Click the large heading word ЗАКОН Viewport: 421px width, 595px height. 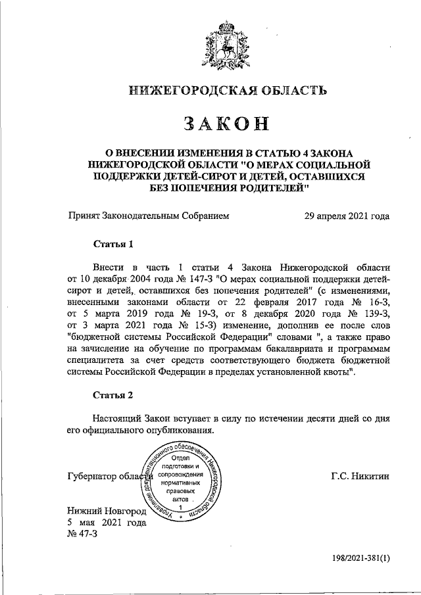[220, 123]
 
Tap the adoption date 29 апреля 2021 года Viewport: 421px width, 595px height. [346, 216]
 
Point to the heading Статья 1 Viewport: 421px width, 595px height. [113, 245]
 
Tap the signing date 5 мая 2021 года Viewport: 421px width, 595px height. [105, 523]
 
